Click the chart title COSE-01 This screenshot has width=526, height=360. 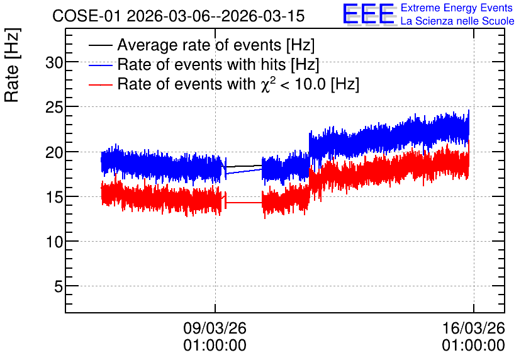point(86,16)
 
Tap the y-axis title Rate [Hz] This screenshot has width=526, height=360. point(12,65)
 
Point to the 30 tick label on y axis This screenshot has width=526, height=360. point(54,62)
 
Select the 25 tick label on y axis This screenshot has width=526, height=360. point(54,107)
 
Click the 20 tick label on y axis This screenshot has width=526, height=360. point(54,152)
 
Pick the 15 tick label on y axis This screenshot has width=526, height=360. point(54,197)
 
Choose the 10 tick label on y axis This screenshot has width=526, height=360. point(54,242)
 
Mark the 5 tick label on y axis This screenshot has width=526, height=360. point(59,286)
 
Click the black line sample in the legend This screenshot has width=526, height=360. point(100,45)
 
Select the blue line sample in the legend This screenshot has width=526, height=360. point(100,65)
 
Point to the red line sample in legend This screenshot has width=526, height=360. point(100,84)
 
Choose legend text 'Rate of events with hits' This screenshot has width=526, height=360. point(201,64)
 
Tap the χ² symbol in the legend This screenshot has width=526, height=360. point(266,84)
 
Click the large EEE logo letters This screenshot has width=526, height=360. point(369,14)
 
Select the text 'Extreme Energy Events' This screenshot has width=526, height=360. point(457,8)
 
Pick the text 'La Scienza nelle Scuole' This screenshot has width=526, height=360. point(457,21)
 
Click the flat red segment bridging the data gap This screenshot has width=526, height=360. point(244,202)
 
